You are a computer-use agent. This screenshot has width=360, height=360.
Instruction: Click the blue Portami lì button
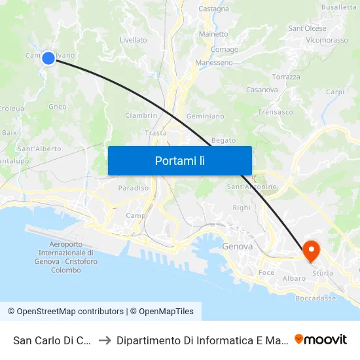click(179, 160)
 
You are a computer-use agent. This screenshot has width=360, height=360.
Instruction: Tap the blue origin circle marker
click(48, 58)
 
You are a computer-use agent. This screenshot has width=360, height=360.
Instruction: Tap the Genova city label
click(237, 247)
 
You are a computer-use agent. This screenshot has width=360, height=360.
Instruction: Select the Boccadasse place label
click(315, 298)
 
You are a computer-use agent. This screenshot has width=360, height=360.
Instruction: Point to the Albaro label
click(294, 278)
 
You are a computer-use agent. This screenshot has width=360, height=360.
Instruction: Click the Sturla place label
click(323, 272)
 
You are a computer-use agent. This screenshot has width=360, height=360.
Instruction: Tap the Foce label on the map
click(266, 272)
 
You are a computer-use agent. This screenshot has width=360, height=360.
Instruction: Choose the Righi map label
click(242, 207)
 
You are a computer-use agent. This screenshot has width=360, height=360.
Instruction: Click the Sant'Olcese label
click(307, 28)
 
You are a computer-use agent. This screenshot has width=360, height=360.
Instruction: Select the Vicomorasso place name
click(327, 40)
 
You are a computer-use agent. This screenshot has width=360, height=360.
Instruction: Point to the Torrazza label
click(286, 77)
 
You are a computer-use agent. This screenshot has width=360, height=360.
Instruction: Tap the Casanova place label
click(262, 90)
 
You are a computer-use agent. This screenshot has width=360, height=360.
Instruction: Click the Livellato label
click(134, 40)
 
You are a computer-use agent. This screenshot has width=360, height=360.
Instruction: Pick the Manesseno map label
click(214, 63)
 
